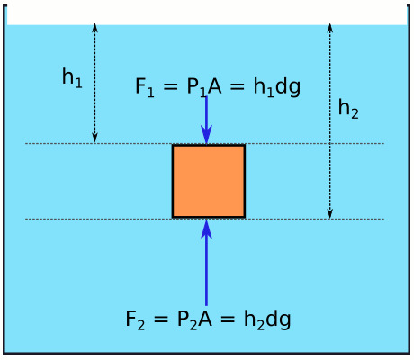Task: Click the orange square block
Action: tap(209, 181)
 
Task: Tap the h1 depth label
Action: tap(72, 78)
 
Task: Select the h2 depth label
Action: tap(348, 109)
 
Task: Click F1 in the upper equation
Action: tap(145, 87)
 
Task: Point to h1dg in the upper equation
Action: tap(277, 87)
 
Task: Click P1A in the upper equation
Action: tap(204, 87)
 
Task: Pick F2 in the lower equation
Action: tap(135, 319)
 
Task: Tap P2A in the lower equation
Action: tap(194, 319)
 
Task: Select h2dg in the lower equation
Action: tap(267, 319)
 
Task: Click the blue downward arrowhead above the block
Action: tap(206, 134)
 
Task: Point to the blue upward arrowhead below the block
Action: tap(206, 229)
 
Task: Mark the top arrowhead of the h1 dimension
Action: tap(94, 27)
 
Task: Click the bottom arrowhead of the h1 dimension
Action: tap(94, 138)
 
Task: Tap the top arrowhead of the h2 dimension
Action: tap(330, 27)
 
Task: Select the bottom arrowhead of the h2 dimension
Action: tap(330, 214)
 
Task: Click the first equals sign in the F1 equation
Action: tap(171, 87)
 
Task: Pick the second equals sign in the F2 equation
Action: tap(228, 319)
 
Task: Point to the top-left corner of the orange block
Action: tap(172, 145)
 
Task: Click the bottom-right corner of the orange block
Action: tap(245, 218)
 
